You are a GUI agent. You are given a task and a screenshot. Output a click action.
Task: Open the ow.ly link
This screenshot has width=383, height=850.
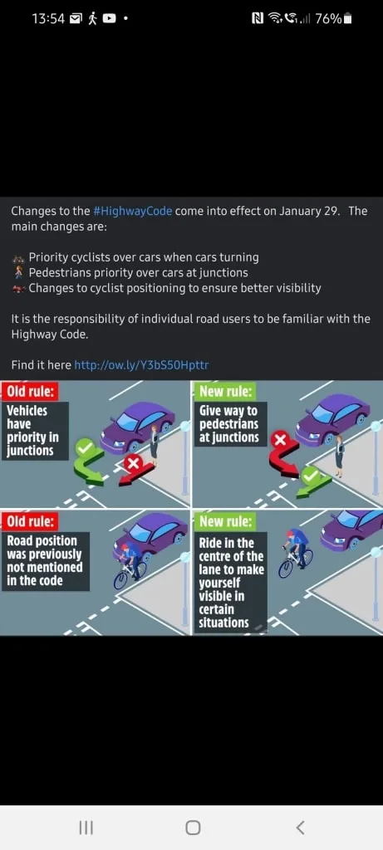coord(141,365)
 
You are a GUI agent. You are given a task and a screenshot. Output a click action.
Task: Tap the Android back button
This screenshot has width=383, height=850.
coord(300,828)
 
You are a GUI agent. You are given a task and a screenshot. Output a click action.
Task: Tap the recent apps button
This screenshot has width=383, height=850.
coord(86,828)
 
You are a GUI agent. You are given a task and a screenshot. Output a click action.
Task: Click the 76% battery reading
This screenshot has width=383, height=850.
coord(328,19)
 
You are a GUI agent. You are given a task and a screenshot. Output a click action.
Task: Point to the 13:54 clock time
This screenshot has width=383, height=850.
coord(48,19)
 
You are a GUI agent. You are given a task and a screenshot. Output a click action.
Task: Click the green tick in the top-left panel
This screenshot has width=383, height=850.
coord(85,447)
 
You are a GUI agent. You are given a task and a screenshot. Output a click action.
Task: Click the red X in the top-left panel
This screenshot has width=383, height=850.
coord(134,463)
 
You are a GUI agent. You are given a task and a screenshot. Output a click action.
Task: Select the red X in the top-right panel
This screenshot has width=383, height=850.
coord(280,440)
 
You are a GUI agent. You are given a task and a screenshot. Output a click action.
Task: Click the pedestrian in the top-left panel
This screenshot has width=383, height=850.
coord(155,446)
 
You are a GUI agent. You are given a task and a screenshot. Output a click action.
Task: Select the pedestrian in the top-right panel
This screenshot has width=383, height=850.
coord(340,456)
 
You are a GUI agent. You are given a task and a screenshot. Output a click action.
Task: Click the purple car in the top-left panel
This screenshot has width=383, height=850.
coord(137,427)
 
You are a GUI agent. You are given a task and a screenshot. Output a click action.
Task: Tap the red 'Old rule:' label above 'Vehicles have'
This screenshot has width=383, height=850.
coord(30,392)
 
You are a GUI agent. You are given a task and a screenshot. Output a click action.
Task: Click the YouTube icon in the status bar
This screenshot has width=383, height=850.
coord(109,19)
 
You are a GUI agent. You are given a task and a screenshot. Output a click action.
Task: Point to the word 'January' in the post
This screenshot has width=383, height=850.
coord(300,211)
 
